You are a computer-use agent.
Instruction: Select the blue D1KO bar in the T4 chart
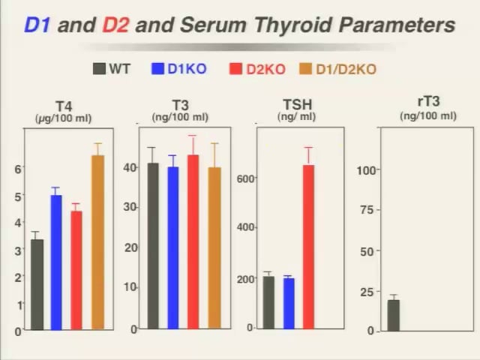56,262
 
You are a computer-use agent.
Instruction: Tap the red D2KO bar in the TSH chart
308,247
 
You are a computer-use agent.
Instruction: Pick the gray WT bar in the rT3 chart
393,315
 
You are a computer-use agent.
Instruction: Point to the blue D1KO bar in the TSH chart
288,303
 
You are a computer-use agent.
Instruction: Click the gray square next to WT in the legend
99,69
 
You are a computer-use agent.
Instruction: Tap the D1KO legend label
187,69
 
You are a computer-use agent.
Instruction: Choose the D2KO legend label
266,69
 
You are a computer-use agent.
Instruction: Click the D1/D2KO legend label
346,69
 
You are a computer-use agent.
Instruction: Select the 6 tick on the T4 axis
18,169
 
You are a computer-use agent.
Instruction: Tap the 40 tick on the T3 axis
130,166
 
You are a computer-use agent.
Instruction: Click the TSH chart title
298,105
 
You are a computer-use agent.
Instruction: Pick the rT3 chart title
428,103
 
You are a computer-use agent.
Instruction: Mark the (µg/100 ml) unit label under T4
64,118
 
